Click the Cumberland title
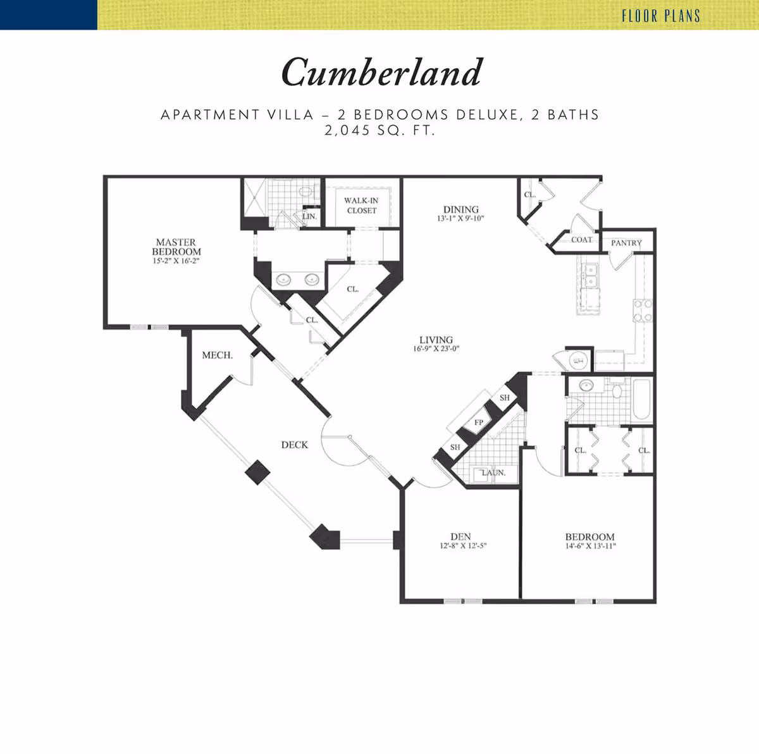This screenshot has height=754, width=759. pos(381,72)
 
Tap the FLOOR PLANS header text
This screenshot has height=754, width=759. pos(661,16)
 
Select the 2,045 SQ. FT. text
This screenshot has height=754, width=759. pos(379,130)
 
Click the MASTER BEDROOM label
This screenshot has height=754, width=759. pos(176,247)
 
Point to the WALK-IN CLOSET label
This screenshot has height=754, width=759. pos(361,205)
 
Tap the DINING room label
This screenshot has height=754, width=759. pos(461,209)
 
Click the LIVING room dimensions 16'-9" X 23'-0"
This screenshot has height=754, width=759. pos(436,349)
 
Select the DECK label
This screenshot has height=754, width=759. pos(295,445)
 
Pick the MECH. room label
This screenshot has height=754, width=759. pos(218,355)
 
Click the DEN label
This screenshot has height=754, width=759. pos(460,536)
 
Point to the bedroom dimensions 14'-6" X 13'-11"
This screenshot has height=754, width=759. pos(590,546)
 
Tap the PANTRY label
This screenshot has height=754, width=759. pos(626,243)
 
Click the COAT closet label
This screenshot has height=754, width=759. pos(581,240)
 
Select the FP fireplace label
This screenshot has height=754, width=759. pos(479,423)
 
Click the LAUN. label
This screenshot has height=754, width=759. pos(493,473)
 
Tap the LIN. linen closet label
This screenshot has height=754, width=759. pos(309,216)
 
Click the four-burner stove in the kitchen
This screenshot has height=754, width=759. pos(643,311)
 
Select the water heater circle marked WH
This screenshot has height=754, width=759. pos(578,360)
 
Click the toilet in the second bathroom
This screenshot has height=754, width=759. pos(616,390)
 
